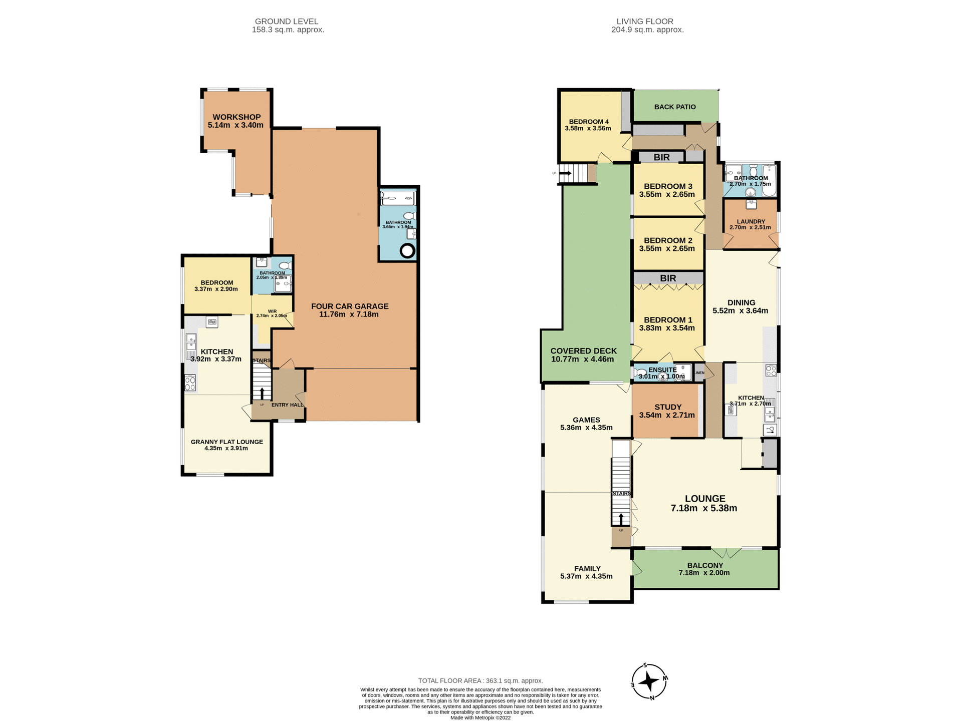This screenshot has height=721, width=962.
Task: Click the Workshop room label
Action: (x=236, y=117)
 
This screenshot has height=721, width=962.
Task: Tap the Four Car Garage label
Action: (x=349, y=306)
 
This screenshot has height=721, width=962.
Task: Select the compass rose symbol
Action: (x=649, y=681)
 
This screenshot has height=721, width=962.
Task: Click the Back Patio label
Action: (x=675, y=107)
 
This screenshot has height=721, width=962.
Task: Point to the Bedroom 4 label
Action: (x=589, y=122)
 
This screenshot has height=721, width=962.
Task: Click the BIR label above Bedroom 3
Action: (x=661, y=157)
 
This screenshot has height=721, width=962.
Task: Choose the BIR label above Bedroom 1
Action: (x=668, y=278)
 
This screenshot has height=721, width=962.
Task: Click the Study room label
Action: (x=668, y=407)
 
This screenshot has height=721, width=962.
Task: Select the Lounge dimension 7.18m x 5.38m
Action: (x=704, y=508)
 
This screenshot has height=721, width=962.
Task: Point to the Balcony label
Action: (x=705, y=565)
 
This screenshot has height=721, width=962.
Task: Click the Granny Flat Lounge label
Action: (x=226, y=442)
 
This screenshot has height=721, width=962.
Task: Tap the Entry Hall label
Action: (x=287, y=405)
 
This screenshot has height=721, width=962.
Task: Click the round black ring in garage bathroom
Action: (x=407, y=251)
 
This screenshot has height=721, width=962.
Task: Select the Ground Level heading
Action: (x=286, y=22)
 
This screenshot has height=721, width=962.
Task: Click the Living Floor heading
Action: (x=645, y=22)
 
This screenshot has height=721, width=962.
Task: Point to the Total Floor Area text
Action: (x=480, y=680)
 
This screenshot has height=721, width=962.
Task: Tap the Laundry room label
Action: (x=751, y=221)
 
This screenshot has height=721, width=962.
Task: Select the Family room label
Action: (x=587, y=568)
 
